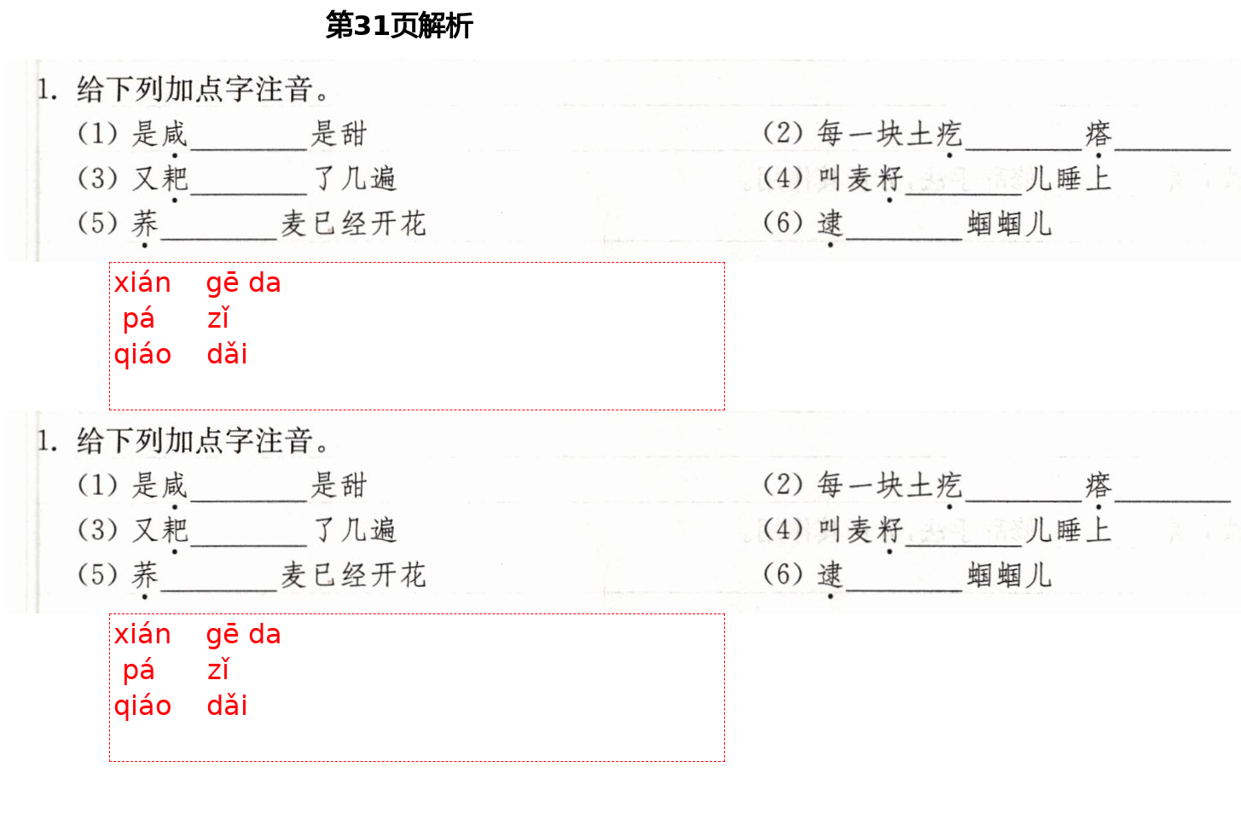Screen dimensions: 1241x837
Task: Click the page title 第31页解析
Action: [398, 26]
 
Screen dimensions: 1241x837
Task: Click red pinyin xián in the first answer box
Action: [142, 283]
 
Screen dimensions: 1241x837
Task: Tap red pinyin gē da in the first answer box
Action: [243, 283]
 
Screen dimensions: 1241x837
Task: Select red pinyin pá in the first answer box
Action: [138, 319]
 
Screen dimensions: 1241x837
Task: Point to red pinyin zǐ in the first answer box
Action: [218, 319]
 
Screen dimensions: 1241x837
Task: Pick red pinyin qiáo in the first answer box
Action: [142, 355]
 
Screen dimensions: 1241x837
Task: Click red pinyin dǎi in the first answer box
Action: [227, 355]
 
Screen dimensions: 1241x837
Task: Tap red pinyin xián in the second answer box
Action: [142, 635]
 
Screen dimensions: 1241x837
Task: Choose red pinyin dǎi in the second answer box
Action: [227, 706]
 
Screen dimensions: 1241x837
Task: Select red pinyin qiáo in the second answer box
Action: [142, 706]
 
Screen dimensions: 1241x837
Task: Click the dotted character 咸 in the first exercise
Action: [174, 134]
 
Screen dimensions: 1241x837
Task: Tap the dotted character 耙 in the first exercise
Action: [174, 178]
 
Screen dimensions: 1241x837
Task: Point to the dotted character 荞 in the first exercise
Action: [145, 224]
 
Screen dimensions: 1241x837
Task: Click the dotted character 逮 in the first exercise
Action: [830, 224]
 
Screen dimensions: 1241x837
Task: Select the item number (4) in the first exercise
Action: [783, 178]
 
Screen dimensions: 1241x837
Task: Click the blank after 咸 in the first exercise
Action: [247, 141]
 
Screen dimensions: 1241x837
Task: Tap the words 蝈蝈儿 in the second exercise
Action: [1009, 575]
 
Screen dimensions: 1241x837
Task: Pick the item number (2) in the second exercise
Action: [783, 485]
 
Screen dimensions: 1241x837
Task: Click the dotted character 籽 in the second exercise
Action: [889, 530]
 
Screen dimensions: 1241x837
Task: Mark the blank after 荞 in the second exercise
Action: [219, 582]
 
